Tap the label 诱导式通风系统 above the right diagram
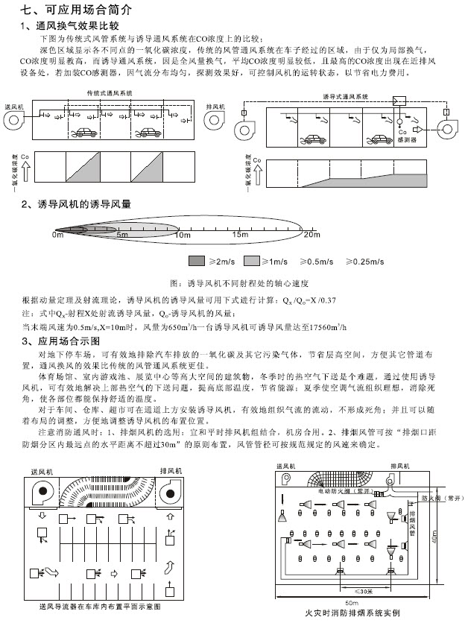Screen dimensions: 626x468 [345, 97]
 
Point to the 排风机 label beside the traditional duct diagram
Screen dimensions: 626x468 [215, 107]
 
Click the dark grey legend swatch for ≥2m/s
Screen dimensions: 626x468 [196, 261]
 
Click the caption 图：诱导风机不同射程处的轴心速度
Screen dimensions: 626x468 [240, 284]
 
